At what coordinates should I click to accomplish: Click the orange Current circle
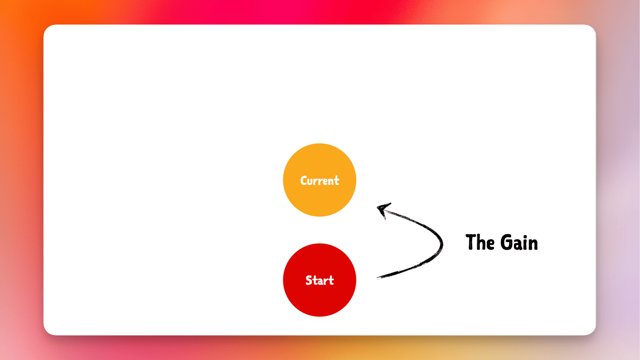coord(320,180)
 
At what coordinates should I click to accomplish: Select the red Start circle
coord(320,280)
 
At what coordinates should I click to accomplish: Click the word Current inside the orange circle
coord(320,180)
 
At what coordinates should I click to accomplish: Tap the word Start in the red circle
coord(320,280)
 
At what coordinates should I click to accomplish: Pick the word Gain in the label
coord(519,242)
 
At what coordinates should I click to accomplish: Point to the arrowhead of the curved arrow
coord(383,209)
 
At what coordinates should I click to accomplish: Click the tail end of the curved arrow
coord(378,277)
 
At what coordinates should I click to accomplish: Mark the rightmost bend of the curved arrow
coord(442,244)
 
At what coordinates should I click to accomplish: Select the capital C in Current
coord(303,181)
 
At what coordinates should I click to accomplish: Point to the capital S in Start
coord(309,280)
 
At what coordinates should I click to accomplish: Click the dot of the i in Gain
coord(525,236)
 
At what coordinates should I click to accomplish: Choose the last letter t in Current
coord(337,180)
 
